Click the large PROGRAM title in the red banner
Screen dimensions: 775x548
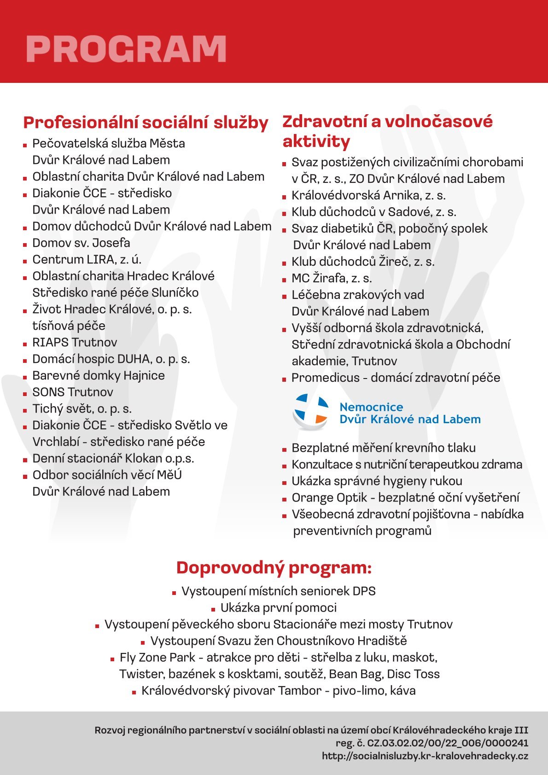coord(126,48)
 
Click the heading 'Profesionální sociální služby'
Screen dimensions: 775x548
coord(146,123)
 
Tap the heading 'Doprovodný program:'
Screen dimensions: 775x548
coord(274,568)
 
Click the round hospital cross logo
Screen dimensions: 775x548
coord(310,411)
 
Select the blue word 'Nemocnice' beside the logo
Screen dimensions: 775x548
coord(371,407)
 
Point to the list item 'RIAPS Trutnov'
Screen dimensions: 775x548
coord(75,343)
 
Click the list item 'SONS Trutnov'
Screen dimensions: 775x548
coord(73,392)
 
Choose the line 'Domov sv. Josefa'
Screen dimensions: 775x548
coord(81,243)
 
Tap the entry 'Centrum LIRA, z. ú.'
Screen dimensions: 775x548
coord(87,260)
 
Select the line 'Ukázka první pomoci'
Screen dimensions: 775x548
coord(279,608)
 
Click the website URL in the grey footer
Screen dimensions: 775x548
coord(425,756)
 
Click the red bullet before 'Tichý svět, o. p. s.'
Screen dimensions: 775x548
coord(25,410)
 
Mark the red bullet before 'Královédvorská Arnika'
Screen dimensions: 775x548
coord(284,197)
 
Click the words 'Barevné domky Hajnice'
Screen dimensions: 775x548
coord(99,376)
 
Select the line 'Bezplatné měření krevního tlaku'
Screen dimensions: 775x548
coord(384,448)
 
